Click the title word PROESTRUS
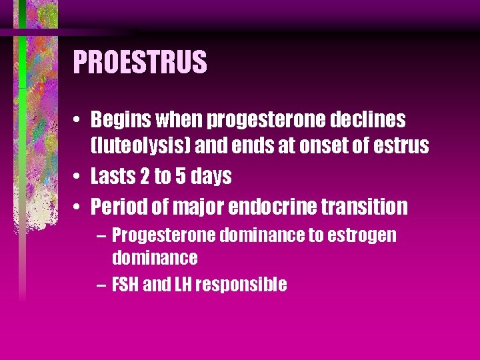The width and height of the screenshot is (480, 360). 140,63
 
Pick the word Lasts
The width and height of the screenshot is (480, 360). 113,176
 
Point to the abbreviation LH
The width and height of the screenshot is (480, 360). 184,285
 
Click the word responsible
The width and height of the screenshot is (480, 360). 243,285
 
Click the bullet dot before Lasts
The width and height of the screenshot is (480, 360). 79,177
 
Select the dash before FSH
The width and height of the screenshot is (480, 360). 100,285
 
